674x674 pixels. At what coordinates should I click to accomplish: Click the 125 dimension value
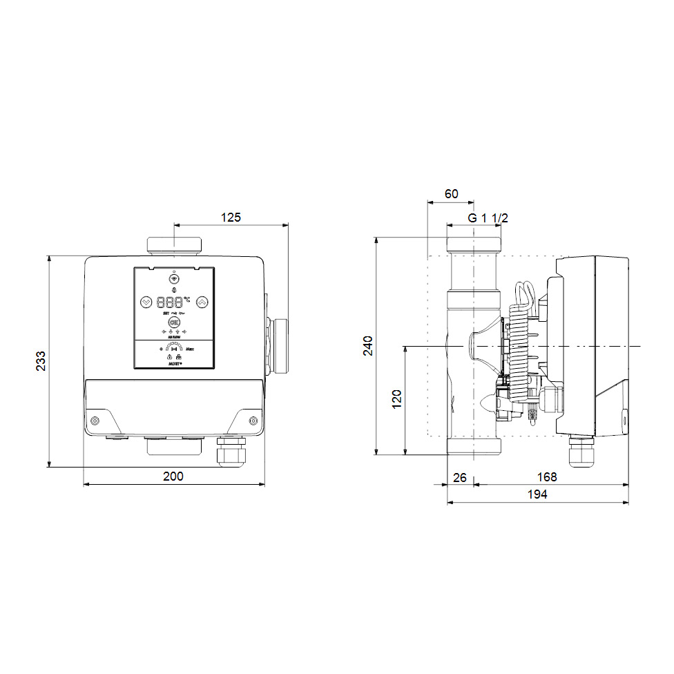(231, 217)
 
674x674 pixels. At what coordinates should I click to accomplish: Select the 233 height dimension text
(41, 361)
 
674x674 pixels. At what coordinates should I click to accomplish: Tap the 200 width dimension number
(173, 476)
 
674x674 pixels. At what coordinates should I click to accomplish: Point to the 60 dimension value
(451, 194)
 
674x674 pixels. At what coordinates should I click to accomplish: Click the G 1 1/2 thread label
(488, 218)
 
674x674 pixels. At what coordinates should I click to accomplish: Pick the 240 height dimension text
(367, 346)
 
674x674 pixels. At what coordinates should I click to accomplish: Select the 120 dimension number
(396, 400)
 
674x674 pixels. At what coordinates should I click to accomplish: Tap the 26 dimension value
(460, 476)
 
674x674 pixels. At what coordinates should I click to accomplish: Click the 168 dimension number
(546, 476)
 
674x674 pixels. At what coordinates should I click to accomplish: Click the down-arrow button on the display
(146, 302)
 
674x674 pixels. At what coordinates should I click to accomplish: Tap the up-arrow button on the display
(202, 302)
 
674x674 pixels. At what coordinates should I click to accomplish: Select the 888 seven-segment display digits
(170, 302)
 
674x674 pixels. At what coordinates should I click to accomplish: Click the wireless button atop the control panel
(174, 280)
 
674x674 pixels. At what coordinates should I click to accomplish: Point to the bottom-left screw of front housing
(95, 421)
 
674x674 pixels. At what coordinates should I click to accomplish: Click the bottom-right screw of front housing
(253, 421)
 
